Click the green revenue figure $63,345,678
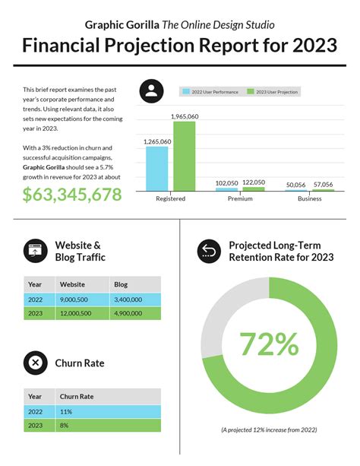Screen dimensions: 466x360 click(72, 194)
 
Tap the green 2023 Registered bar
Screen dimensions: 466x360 click(185, 156)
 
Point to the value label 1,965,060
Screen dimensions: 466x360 click(185, 116)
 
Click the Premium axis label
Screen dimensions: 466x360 click(240, 199)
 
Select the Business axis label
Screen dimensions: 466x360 click(309, 199)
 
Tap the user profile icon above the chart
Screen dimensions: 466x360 click(152, 92)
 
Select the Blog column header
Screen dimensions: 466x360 click(121, 284)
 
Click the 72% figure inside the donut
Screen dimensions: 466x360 click(269, 344)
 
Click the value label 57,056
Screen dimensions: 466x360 click(323, 185)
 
